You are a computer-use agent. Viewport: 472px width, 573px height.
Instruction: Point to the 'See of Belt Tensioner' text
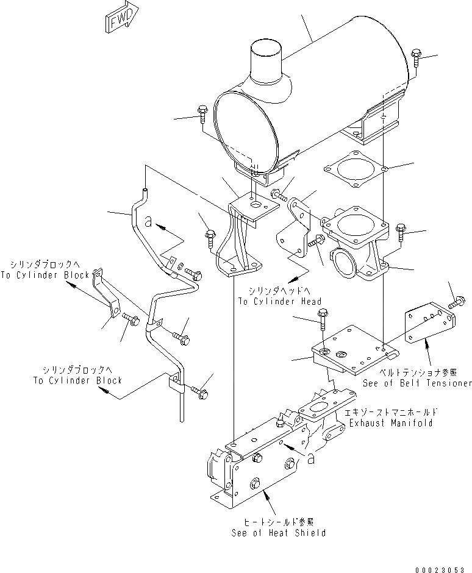coord(417,383)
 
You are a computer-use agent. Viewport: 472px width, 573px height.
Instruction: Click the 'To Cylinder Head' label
coord(280,301)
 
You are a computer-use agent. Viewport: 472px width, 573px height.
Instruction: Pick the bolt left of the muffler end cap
coord(202,115)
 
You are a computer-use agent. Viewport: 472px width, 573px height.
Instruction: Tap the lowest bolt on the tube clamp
coord(200,393)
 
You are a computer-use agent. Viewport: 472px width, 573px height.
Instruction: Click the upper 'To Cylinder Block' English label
coord(50,275)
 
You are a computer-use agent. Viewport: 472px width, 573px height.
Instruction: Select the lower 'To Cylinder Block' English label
coord(77,380)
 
